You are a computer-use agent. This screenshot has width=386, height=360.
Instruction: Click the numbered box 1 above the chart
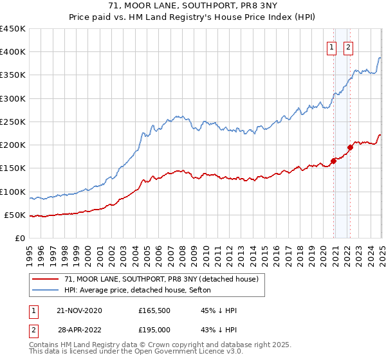(x=331, y=46)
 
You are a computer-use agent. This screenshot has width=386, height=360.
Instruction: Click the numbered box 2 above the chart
(x=348, y=46)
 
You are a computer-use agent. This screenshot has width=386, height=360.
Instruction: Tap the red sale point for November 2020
(x=334, y=161)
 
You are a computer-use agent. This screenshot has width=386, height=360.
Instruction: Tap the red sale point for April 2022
(x=350, y=147)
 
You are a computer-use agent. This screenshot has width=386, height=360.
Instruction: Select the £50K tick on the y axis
(x=15, y=215)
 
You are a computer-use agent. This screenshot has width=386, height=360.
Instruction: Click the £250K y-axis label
(x=13, y=122)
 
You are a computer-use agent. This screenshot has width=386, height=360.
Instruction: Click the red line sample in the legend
(x=46, y=279)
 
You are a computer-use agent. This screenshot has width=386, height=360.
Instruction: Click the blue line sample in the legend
(x=46, y=291)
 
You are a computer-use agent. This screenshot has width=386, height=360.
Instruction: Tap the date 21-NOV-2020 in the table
(x=80, y=310)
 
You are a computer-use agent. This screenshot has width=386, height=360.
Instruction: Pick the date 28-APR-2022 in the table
(x=80, y=330)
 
